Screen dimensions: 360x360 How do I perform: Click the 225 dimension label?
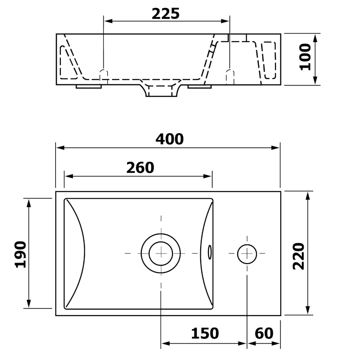pyautogui.click(x=166, y=14)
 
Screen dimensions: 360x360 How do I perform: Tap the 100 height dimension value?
pyautogui.click(x=305, y=57)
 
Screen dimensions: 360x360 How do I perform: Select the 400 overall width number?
pyautogui.click(x=170, y=139)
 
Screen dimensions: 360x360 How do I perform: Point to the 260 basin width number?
pyautogui.click(x=140, y=168)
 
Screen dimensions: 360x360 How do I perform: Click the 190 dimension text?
pyautogui.click(x=20, y=254)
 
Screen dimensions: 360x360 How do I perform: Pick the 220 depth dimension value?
pyautogui.click(x=298, y=256)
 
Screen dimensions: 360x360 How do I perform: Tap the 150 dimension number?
pyautogui.click(x=205, y=333)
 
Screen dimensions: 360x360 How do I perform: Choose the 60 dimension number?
pyautogui.click(x=264, y=333)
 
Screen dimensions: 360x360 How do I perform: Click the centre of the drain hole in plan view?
pyautogui.click(x=161, y=253)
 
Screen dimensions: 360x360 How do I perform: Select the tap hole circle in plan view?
pyautogui.click(x=247, y=254)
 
